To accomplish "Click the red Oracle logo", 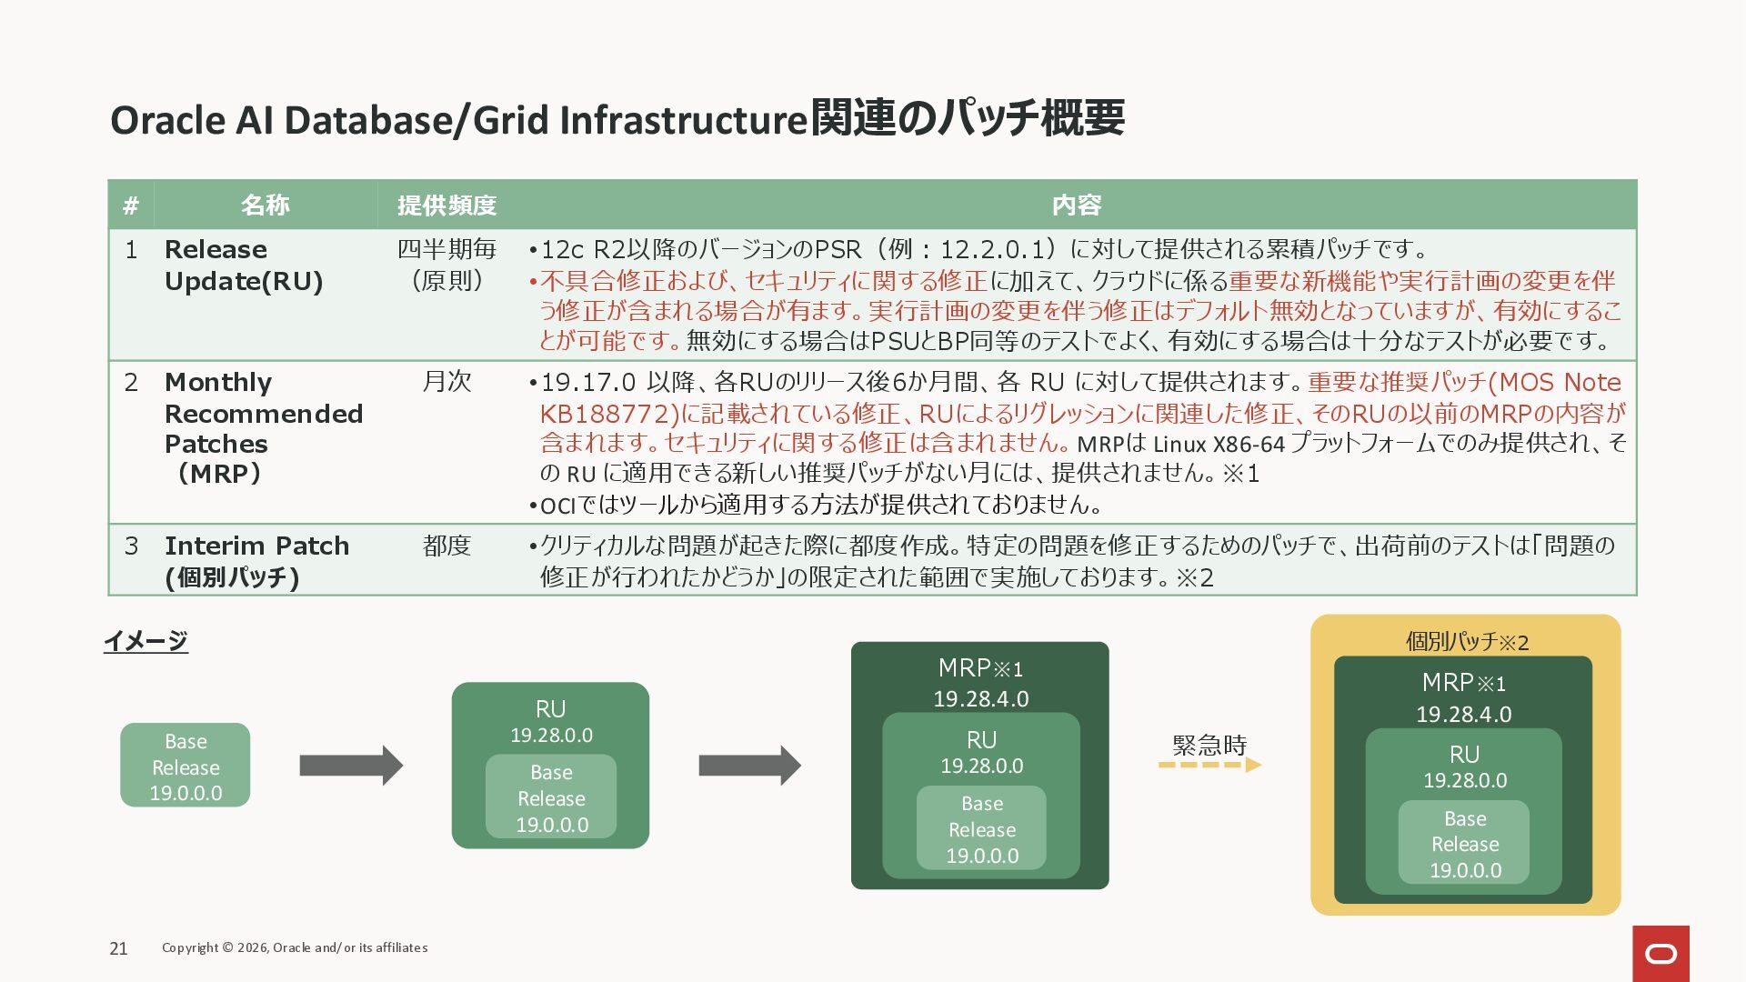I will tap(1661, 954).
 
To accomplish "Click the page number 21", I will tap(118, 948).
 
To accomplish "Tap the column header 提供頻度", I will tap(447, 205).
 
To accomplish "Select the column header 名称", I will tap(265, 205).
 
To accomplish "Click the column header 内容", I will tap(1077, 205).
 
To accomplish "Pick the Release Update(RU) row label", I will tap(244, 265).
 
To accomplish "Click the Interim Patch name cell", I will tap(256, 561).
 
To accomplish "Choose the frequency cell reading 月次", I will tap(447, 382).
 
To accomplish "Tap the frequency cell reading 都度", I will tap(447, 546).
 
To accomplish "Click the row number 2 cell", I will tap(131, 382).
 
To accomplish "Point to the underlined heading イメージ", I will tap(145, 641).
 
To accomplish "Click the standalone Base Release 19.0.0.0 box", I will tap(186, 766).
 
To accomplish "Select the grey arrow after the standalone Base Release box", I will tap(351, 766).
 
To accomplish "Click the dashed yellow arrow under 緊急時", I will tap(1209, 765).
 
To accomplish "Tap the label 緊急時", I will tap(1209, 745).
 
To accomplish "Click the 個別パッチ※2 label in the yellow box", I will tap(1467, 642).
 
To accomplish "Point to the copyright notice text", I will tap(295, 947).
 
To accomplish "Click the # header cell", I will tap(131, 205).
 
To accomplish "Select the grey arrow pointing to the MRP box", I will tap(749, 766).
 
